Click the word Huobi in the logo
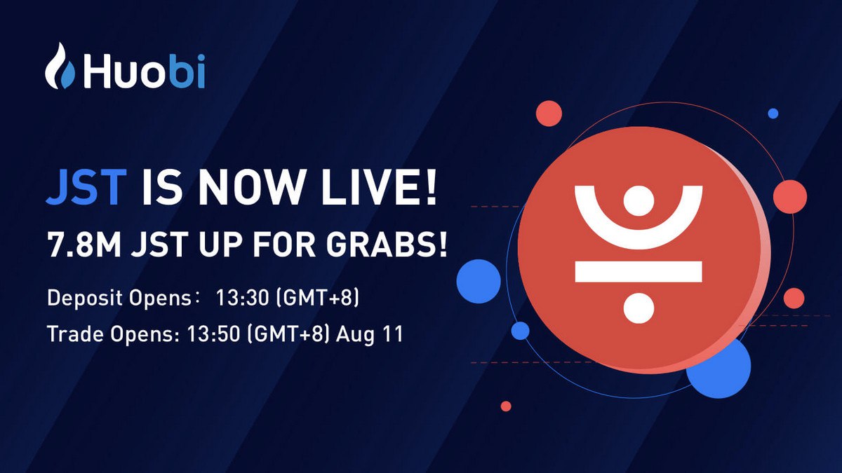[x=144, y=71]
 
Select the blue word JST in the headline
[x=86, y=187]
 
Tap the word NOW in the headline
[x=251, y=187]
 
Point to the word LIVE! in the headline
[x=379, y=187]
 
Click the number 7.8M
[x=84, y=245]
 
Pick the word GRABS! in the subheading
[x=387, y=245]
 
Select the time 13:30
[x=243, y=298]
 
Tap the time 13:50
[x=214, y=334]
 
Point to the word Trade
[x=75, y=334]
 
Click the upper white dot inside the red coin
[x=639, y=201]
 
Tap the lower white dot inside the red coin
[x=639, y=308]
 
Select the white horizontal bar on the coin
[x=639, y=272]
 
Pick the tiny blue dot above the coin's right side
[x=773, y=114]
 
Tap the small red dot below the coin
[x=506, y=406]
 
